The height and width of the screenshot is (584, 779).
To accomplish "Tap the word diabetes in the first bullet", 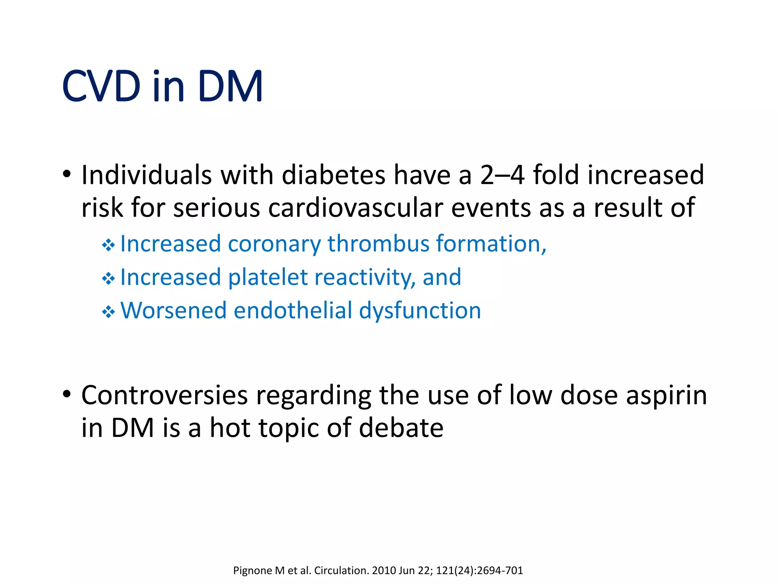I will [334, 175].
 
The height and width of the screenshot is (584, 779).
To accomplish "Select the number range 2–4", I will [502, 175].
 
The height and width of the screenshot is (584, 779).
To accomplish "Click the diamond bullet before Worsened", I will [108, 312].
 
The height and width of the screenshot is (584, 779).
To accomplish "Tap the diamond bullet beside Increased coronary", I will [108, 245].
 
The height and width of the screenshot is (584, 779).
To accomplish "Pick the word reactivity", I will [364, 277].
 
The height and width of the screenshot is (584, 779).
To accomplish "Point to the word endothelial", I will [293, 310].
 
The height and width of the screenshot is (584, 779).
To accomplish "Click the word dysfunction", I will [420, 310].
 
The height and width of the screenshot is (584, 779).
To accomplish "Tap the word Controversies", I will [165, 395].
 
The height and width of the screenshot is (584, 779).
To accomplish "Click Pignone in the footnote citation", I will [253, 571].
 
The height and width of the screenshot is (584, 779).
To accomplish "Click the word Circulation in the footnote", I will [341, 571].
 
